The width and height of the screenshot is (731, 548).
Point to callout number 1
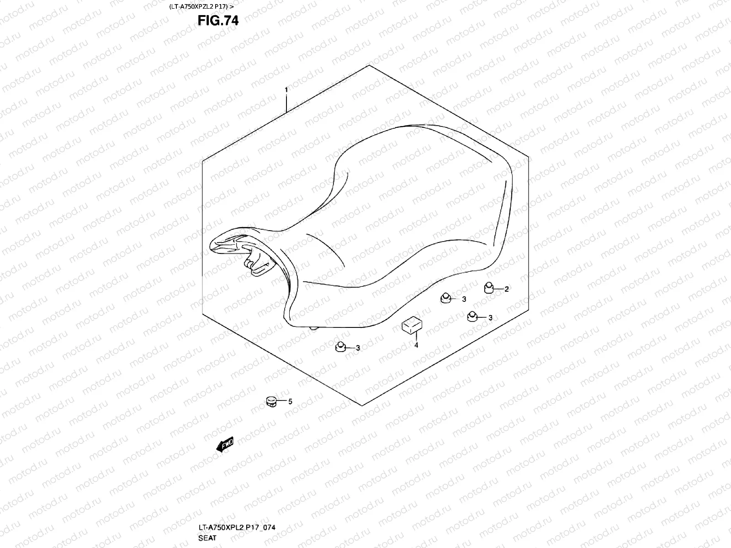286,90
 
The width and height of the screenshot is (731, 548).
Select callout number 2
506,289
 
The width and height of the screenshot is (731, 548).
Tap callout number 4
416,345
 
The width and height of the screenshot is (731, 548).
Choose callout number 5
290,402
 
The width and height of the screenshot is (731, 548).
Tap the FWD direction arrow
225,444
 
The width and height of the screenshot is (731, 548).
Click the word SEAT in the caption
207,538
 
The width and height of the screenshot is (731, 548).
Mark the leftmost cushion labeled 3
339,347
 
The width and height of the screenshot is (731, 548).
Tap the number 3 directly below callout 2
490,318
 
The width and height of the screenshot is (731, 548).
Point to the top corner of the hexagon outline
369,65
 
